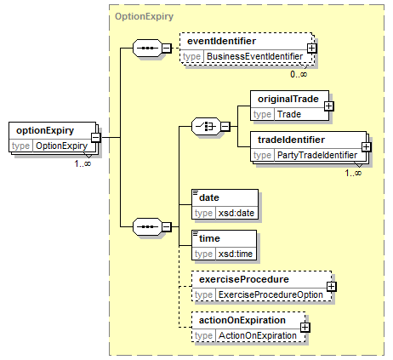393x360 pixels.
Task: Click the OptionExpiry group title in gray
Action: point(144,16)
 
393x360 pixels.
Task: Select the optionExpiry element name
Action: point(45,130)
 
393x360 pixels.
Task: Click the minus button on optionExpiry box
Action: point(96,138)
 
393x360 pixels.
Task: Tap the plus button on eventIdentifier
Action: point(312,49)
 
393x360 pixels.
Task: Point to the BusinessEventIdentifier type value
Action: point(254,56)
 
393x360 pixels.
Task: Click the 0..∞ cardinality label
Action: point(299,74)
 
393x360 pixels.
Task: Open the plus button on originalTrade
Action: point(329,106)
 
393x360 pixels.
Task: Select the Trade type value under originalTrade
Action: point(289,114)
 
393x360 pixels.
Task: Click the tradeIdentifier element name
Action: point(291,140)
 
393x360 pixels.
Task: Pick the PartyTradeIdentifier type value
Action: point(317,155)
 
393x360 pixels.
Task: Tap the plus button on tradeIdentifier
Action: point(367,146)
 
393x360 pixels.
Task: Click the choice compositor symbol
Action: point(206,126)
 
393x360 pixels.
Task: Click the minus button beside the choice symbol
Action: point(225,126)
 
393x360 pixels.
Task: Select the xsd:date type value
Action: point(236,213)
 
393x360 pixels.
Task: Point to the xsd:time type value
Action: point(236,254)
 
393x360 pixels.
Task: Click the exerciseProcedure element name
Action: point(244,279)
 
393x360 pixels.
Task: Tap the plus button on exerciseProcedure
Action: point(332,287)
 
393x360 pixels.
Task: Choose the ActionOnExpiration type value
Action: point(258,335)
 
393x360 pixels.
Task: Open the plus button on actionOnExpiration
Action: point(305,328)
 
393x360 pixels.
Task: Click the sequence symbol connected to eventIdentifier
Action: point(147,48)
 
